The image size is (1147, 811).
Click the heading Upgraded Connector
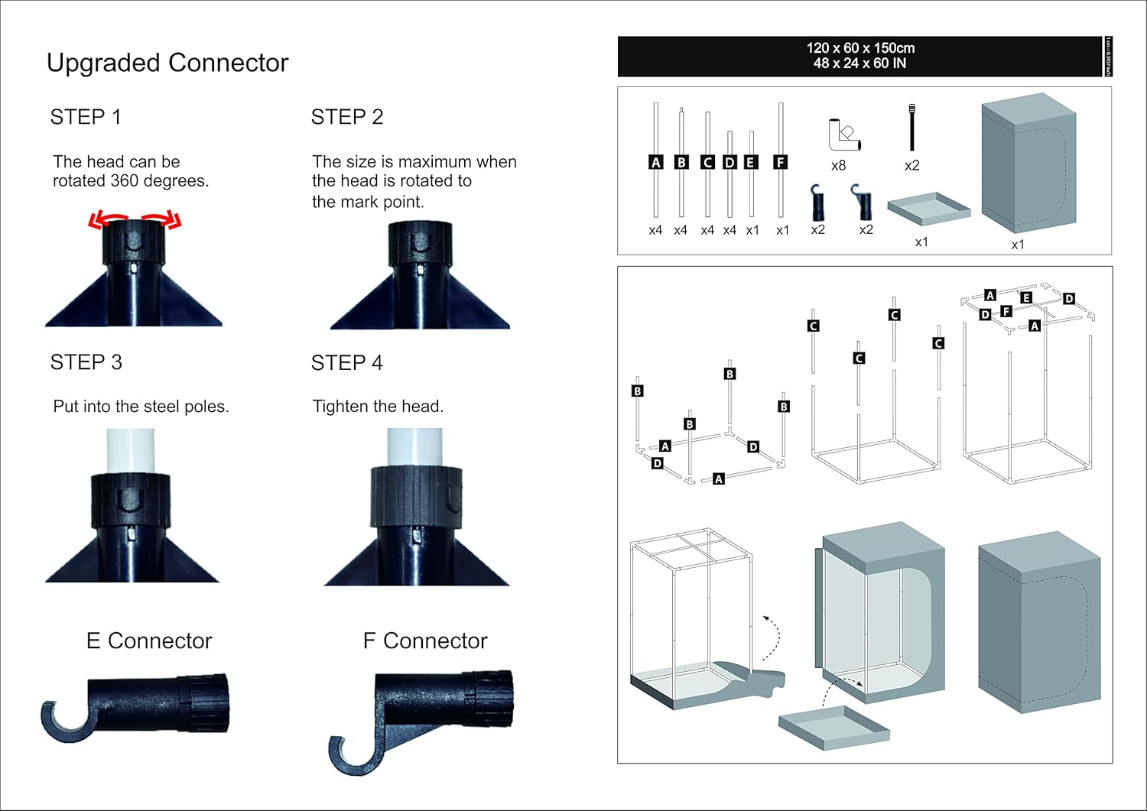(x=167, y=63)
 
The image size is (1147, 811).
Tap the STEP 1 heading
(x=86, y=117)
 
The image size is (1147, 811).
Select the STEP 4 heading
(x=346, y=362)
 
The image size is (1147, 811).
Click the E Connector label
(x=149, y=641)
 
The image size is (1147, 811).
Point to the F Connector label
(x=424, y=641)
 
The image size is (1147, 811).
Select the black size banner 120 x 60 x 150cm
(x=860, y=56)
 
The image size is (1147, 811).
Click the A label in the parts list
(x=655, y=162)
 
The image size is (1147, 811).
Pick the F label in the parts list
(x=780, y=162)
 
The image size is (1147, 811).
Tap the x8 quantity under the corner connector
(x=838, y=165)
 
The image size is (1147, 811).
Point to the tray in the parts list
(x=928, y=208)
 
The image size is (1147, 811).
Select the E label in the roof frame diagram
(x=1026, y=297)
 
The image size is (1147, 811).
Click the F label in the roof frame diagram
(x=1006, y=311)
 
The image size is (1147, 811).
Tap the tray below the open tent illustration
(x=833, y=726)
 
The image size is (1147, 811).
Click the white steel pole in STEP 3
(x=130, y=451)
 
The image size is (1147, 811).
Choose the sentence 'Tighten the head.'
(x=378, y=407)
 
